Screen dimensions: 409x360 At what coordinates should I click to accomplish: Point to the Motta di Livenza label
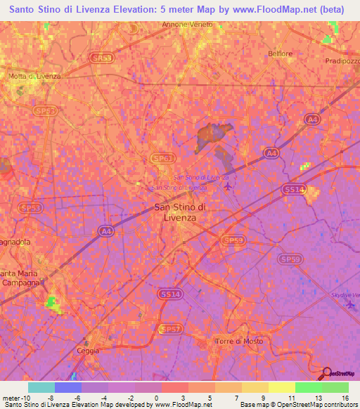34,76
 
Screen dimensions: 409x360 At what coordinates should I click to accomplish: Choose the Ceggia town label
88,350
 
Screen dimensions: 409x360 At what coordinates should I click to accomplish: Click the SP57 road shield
170,328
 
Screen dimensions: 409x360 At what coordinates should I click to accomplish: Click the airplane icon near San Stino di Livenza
226,187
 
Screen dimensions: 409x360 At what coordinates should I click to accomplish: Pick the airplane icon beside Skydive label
351,304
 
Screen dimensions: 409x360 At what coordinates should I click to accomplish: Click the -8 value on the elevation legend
51,397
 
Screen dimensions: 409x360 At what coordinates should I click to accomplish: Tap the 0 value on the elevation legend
156,397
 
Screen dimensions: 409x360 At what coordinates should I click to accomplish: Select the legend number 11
291,397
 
